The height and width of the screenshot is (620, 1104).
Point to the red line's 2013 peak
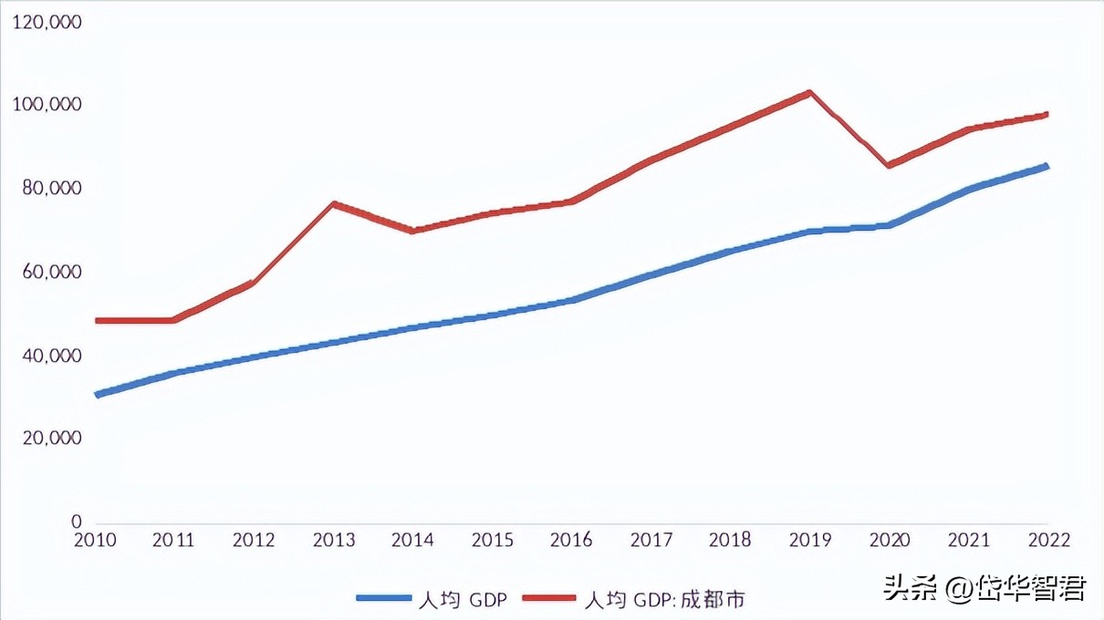[x=334, y=203]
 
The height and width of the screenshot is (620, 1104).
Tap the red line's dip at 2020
[x=888, y=165]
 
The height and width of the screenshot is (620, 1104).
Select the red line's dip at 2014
[x=412, y=231]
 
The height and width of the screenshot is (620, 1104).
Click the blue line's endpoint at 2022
[x=1046, y=166]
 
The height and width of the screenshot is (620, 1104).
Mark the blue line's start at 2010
[x=97, y=395]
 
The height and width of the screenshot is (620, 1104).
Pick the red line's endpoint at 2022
[x=1046, y=115]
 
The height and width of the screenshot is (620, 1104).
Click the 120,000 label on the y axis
[x=48, y=21]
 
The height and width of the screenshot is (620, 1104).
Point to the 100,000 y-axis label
[x=48, y=105]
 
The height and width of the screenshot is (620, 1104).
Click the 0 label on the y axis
[x=76, y=522]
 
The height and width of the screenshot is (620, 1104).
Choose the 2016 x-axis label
[x=571, y=540]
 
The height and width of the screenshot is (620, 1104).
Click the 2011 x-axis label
[x=173, y=540]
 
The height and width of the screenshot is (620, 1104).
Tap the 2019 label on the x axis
[x=809, y=540]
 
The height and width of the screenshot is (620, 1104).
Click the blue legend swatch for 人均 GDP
[x=384, y=598]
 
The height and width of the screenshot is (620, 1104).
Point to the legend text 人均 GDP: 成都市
[x=663, y=598]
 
